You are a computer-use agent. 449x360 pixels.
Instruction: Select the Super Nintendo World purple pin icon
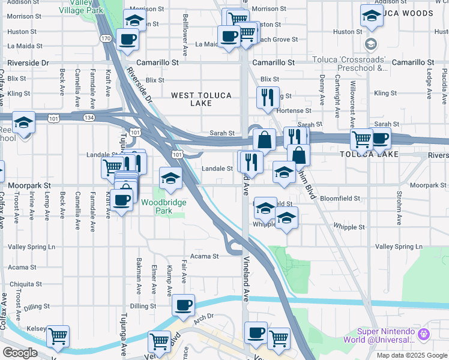point(424,333)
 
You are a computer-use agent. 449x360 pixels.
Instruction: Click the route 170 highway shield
point(106,38)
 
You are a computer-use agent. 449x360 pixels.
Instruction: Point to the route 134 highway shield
point(89,117)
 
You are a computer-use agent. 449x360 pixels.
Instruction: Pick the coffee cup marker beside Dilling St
point(184,305)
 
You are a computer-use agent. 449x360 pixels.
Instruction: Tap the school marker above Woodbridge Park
point(170,178)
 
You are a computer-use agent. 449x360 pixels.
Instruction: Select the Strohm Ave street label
point(399,208)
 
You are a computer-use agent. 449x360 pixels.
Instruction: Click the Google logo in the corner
point(20,353)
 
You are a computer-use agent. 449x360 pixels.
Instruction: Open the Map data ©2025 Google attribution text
point(411,355)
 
